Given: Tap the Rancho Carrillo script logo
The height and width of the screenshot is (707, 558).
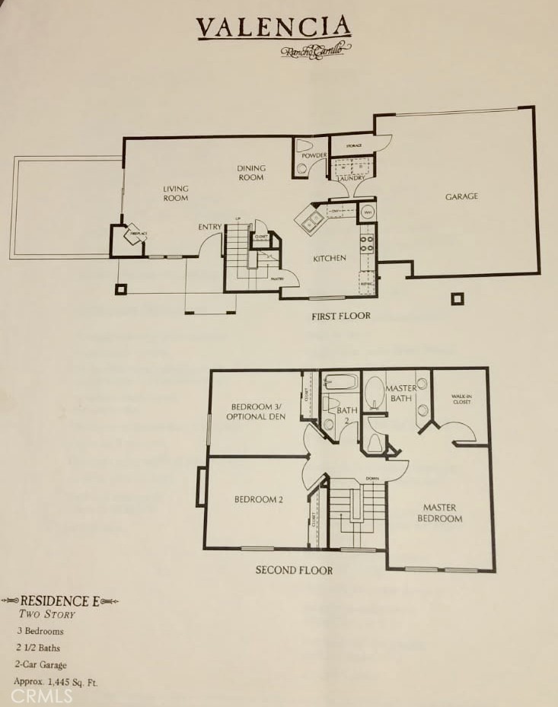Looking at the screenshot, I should (x=316, y=50).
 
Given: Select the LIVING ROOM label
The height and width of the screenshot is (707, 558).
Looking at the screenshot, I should (x=175, y=193).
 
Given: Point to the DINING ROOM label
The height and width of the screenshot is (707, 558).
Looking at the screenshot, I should (x=250, y=173).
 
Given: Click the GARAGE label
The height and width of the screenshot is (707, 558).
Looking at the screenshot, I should (x=461, y=196).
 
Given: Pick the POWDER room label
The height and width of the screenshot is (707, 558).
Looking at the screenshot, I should (x=314, y=156).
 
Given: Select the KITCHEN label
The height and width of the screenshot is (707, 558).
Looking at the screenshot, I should (x=330, y=258).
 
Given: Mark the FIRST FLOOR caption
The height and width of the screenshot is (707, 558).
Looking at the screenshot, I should (x=340, y=315).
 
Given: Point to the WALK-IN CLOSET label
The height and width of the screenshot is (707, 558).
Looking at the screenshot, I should (x=461, y=399).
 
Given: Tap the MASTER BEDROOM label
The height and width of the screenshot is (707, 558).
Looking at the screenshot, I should (x=442, y=513).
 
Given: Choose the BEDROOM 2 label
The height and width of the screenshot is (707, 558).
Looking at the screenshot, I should (x=258, y=499).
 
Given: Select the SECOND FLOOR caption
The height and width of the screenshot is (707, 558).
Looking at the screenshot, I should (x=294, y=569).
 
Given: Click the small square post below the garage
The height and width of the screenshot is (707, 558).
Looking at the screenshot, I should (x=457, y=299).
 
